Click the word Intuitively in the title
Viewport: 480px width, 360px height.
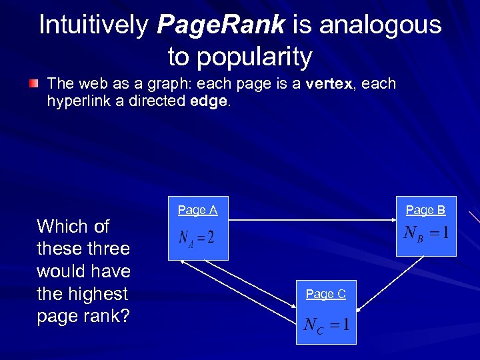[x=94, y=25]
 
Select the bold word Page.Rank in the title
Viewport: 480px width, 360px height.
[x=221, y=25]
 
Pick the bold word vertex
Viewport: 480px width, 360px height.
[x=324, y=84]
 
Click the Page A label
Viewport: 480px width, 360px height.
[x=197, y=210]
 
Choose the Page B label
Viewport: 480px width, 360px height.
[x=425, y=210]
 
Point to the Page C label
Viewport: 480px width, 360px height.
[x=325, y=293]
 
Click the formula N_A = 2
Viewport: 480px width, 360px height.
[x=197, y=237]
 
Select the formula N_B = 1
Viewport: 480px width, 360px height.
[x=426, y=233]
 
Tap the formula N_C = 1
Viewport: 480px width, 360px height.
[x=326, y=325]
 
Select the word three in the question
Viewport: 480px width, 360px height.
[x=109, y=249]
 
